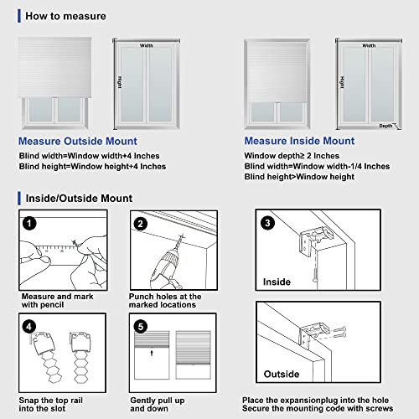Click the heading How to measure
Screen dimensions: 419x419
coord(65,16)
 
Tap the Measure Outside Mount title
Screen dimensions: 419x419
coord(78,141)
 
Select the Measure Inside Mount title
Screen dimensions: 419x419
coord(299,141)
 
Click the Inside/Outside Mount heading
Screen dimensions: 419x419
coord(79,199)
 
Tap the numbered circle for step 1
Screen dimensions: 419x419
coord(29,224)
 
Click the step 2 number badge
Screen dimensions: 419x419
coord(141,224)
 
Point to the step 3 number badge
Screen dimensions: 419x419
coord(267,223)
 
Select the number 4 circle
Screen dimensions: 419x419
coord(29,327)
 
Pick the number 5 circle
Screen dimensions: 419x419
coord(141,327)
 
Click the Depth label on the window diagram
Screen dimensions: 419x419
coord(385,126)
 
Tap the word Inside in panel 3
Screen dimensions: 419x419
coord(277,282)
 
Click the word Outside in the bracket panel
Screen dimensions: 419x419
coord(282,374)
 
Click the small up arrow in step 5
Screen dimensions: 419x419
coord(152,353)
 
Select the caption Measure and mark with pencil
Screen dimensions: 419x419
coord(57,301)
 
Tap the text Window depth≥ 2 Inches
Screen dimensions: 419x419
coord(292,156)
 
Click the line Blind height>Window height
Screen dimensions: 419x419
coord(299,177)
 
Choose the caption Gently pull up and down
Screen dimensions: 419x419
coord(158,405)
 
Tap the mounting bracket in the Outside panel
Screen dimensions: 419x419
coord(313,334)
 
